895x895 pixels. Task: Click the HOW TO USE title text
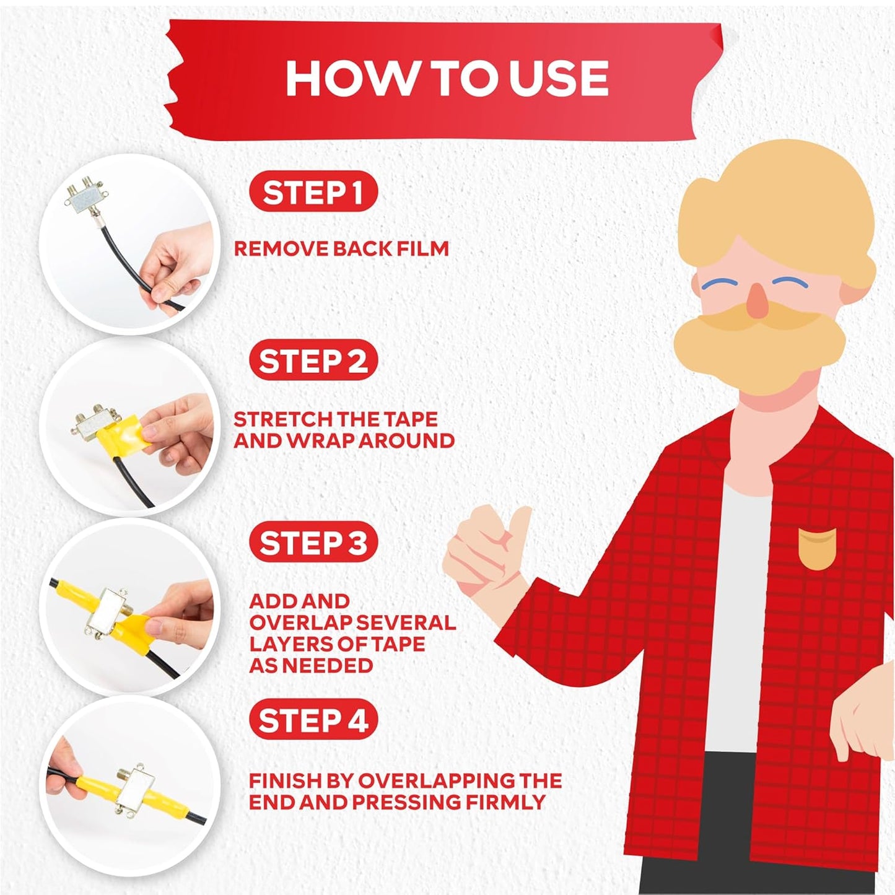click(x=447, y=78)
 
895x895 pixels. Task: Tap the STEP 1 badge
click(x=313, y=193)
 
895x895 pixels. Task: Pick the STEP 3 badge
click(x=313, y=542)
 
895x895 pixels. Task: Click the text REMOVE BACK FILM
click(x=341, y=249)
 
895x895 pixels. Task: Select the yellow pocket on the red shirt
click(x=817, y=549)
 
